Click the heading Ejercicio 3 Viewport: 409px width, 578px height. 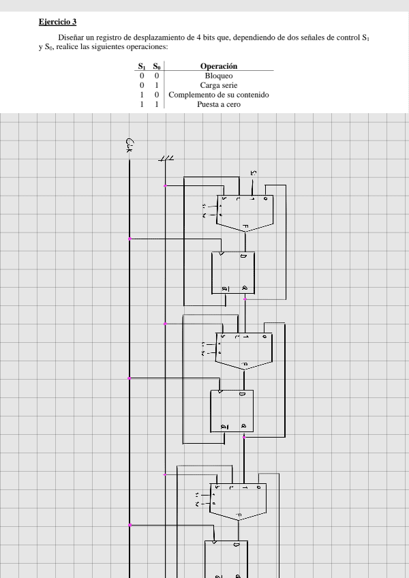(x=58, y=22)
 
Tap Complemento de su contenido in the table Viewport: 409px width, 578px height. (x=219, y=95)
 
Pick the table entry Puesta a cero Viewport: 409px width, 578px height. (x=219, y=104)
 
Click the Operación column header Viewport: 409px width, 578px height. (x=219, y=66)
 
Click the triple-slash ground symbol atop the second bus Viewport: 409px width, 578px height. (x=166, y=158)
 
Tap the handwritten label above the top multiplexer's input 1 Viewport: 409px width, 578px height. (x=254, y=174)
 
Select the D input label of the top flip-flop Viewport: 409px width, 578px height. (x=244, y=257)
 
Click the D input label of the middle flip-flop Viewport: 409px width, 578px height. (x=242, y=395)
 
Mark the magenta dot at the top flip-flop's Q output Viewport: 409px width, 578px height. (x=245, y=299)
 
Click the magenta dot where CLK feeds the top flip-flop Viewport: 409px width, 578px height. (x=130, y=239)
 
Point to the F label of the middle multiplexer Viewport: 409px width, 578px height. (x=243, y=365)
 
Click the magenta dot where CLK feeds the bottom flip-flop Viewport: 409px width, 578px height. (x=130, y=526)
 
